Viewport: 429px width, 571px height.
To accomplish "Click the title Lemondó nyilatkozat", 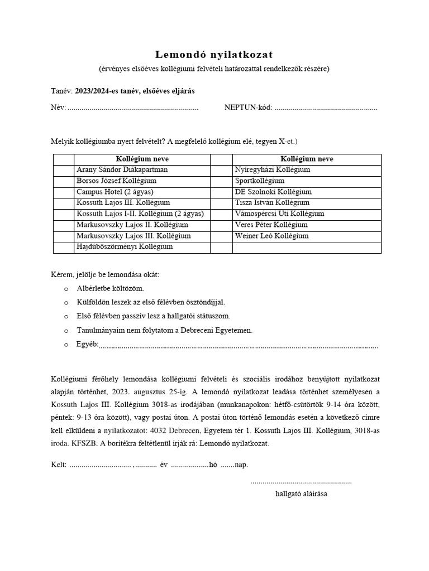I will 214,54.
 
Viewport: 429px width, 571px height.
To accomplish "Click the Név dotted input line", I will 133,108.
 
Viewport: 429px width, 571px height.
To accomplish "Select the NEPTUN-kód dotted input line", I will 326,108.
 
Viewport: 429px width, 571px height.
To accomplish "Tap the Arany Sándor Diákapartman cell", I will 142,170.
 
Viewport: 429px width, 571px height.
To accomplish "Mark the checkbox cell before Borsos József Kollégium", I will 63,181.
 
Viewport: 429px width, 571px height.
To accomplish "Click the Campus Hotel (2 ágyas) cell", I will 142,192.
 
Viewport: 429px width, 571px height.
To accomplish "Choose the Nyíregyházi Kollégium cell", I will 307,170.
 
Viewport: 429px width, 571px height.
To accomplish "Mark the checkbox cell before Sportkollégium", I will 222,181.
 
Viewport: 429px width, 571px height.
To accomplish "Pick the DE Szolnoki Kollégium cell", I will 307,192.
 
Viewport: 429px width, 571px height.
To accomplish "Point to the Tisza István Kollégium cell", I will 307,202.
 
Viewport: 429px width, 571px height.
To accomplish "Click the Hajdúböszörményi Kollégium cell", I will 142,246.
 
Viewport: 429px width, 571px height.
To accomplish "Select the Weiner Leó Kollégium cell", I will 307,236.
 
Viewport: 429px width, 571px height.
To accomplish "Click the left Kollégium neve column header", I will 142,159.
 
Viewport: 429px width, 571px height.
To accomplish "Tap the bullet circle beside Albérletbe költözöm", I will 66,289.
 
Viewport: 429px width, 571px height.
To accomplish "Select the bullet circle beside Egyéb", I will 66,345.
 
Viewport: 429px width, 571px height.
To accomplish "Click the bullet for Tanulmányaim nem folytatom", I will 66,331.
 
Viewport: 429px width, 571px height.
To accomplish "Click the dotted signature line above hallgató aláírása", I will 301,481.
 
